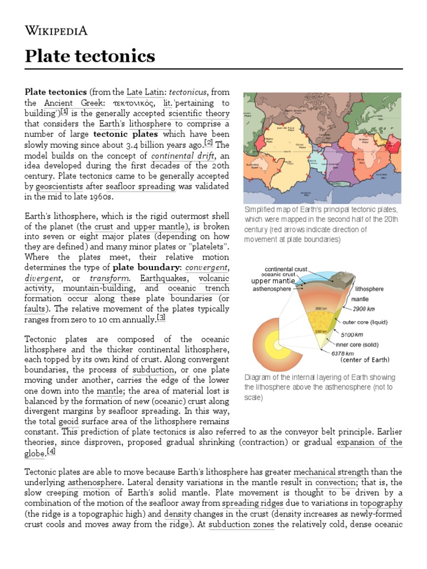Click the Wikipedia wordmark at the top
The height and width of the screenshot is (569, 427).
(x=56, y=31)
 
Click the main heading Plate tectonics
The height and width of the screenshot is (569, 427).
(x=90, y=56)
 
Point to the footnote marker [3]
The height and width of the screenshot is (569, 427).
(x=161, y=317)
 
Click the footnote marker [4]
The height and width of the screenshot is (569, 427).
(x=51, y=451)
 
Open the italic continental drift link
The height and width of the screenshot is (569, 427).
(x=183, y=156)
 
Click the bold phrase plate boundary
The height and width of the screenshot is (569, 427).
(x=144, y=267)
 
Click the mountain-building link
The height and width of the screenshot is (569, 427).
(x=98, y=288)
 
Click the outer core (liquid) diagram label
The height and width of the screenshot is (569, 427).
(x=365, y=322)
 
